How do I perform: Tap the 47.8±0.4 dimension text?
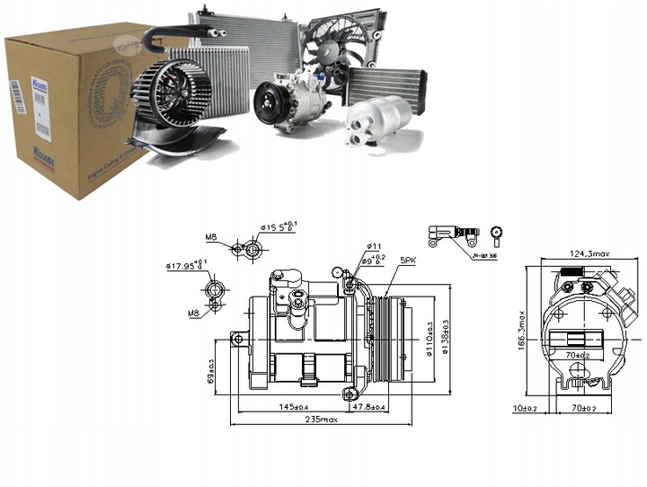pyautogui.click(x=370, y=408)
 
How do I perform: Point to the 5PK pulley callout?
pyautogui.click(x=408, y=260)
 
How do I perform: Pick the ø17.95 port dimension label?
pyautogui.click(x=187, y=265)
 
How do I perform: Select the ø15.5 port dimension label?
pyautogui.click(x=279, y=226)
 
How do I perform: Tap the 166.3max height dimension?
pyautogui.click(x=518, y=329)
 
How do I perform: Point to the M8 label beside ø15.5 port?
pyautogui.click(x=211, y=237)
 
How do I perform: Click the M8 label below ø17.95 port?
pyautogui.click(x=193, y=313)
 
